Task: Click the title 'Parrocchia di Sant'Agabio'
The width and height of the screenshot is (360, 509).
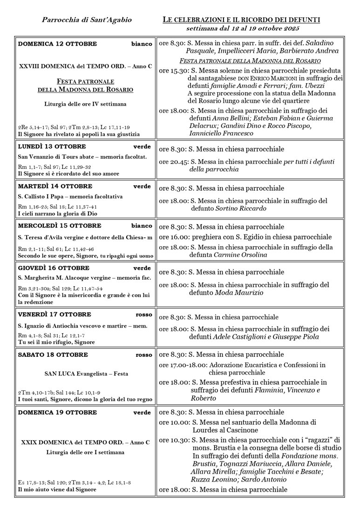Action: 87,20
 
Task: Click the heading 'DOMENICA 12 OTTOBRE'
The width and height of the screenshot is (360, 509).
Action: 57,44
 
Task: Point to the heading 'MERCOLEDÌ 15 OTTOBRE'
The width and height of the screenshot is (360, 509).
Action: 59,226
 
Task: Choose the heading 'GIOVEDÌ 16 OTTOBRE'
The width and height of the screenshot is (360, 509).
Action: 54,268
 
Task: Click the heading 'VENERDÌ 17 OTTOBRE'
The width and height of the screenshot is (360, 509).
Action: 54,315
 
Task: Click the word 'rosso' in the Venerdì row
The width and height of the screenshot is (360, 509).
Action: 143,315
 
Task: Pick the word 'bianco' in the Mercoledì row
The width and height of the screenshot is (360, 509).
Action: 142,226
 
